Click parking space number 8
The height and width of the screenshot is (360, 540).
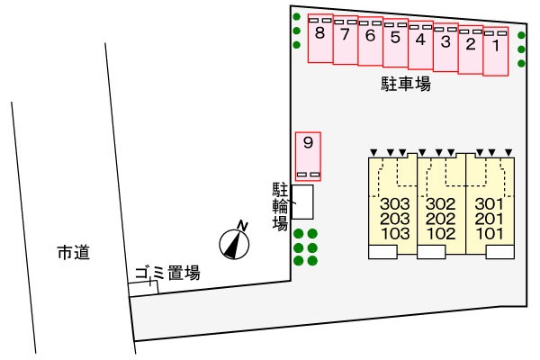click(x=320, y=38)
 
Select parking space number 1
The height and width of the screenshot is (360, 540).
click(x=496, y=51)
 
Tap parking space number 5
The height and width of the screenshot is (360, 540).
click(x=395, y=42)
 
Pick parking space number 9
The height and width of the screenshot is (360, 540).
click(x=308, y=157)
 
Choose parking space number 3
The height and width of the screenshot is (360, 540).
click(x=445, y=47)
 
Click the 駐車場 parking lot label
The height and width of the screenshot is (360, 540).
click(x=406, y=84)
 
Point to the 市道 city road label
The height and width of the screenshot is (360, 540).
click(x=74, y=253)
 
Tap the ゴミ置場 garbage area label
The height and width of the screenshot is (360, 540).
click(x=167, y=274)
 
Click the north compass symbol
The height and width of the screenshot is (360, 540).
click(x=234, y=244)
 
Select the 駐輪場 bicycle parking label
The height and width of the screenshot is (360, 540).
click(x=280, y=206)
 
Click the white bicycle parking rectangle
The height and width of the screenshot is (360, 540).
click(x=302, y=202)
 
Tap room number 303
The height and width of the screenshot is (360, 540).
click(x=395, y=204)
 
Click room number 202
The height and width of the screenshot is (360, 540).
click(x=440, y=219)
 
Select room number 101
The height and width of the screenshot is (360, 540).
click(x=490, y=234)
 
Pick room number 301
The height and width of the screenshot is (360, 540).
click(x=490, y=204)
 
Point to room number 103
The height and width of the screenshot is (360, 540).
click(x=395, y=234)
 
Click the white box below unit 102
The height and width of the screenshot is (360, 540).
click(x=431, y=252)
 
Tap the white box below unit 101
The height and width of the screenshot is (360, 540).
click(x=500, y=252)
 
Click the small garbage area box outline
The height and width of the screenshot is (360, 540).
click(x=143, y=288)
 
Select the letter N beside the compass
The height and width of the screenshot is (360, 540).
click(x=243, y=225)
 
